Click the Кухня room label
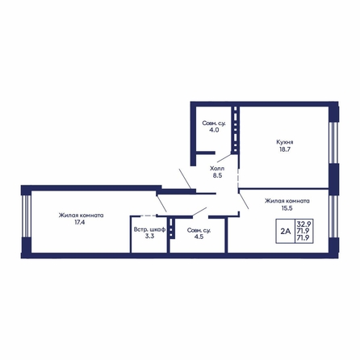pos(285,142)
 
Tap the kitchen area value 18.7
pos(285,149)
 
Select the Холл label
pos(217,169)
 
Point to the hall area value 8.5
pos(217,176)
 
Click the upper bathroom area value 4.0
pos(214,130)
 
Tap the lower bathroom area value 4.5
pos(199,237)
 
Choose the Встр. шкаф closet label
pos(149,229)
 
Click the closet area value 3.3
pos(149,237)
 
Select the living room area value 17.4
pos(80,223)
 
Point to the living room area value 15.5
pos(287,208)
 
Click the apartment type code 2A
pos(286,231)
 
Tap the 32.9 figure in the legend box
pos(304,224)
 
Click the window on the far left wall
pos(26,216)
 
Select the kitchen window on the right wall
pos(333,143)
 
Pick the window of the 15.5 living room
pos(333,216)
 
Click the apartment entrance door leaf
pos(185,178)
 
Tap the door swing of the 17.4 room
pos(161,203)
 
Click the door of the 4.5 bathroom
pos(199,211)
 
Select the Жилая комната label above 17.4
pos(81,216)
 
